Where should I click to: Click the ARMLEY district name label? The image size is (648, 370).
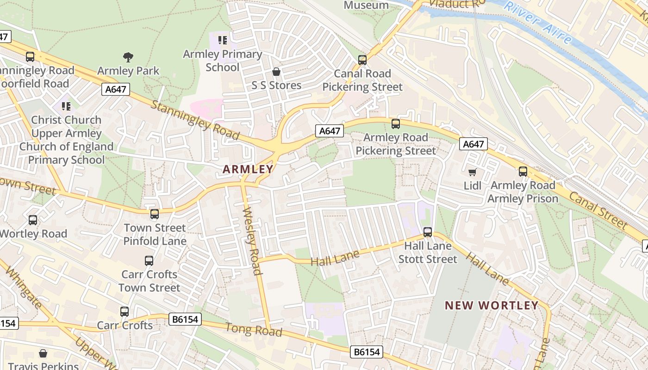(x=248, y=169)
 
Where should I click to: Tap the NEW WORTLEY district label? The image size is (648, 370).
(x=492, y=305)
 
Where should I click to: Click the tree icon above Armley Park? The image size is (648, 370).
(x=128, y=57)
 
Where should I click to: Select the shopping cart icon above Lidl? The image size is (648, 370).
(x=472, y=173)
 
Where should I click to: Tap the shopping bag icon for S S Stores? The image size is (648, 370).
(x=276, y=72)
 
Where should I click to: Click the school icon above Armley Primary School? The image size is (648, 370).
(x=222, y=41)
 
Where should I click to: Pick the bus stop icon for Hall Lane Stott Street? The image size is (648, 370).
(x=428, y=232)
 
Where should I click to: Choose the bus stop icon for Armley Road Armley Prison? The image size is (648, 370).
(x=523, y=172)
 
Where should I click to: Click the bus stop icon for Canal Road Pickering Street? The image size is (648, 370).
(x=362, y=60)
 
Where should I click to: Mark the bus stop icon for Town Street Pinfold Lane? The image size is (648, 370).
(x=155, y=214)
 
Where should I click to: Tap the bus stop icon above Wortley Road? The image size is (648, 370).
(x=33, y=220)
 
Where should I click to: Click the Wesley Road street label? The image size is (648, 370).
(x=252, y=241)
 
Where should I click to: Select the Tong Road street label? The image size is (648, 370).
(x=253, y=329)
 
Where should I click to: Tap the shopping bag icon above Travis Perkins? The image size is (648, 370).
(x=43, y=354)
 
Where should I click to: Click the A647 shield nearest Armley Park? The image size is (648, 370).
(x=116, y=89)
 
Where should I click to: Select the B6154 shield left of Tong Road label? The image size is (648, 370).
(x=185, y=319)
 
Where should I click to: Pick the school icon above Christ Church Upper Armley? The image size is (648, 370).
(x=66, y=106)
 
